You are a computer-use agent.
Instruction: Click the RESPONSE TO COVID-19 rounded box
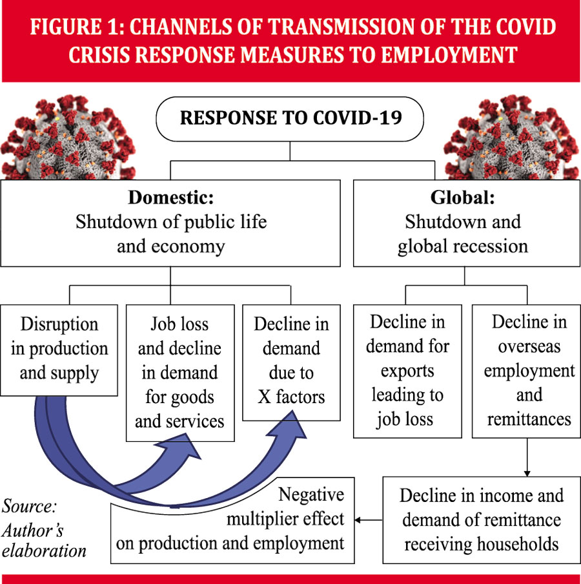[290, 119]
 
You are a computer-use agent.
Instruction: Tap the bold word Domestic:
[170, 198]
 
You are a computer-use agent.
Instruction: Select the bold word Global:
[463, 198]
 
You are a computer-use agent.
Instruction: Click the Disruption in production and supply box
[59, 349]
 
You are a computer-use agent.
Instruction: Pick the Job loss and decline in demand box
[179, 373]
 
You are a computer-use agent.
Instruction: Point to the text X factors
[290, 397]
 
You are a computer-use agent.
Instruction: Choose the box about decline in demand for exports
[407, 371]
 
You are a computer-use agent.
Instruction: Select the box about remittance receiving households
[481, 520]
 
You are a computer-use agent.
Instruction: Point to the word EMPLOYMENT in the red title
[449, 54]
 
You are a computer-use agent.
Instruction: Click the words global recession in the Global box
[463, 247]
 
